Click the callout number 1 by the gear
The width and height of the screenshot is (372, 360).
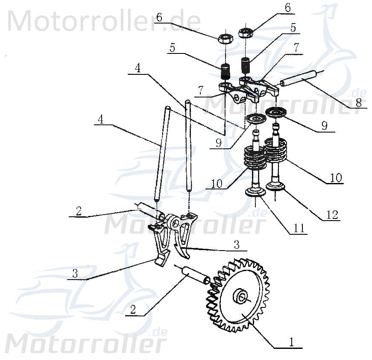(x=291, y=342)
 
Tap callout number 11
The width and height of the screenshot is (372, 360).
(x=299, y=229)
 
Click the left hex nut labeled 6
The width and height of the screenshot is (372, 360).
(x=225, y=38)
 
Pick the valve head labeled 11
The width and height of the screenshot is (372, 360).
(x=256, y=192)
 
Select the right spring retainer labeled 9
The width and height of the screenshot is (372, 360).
(x=276, y=112)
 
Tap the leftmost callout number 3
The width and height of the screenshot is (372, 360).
(x=75, y=274)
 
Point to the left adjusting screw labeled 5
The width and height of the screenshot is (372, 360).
(x=226, y=71)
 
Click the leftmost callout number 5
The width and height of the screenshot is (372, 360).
(x=172, y=48)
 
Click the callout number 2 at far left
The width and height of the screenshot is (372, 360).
(x=78, y=211)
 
